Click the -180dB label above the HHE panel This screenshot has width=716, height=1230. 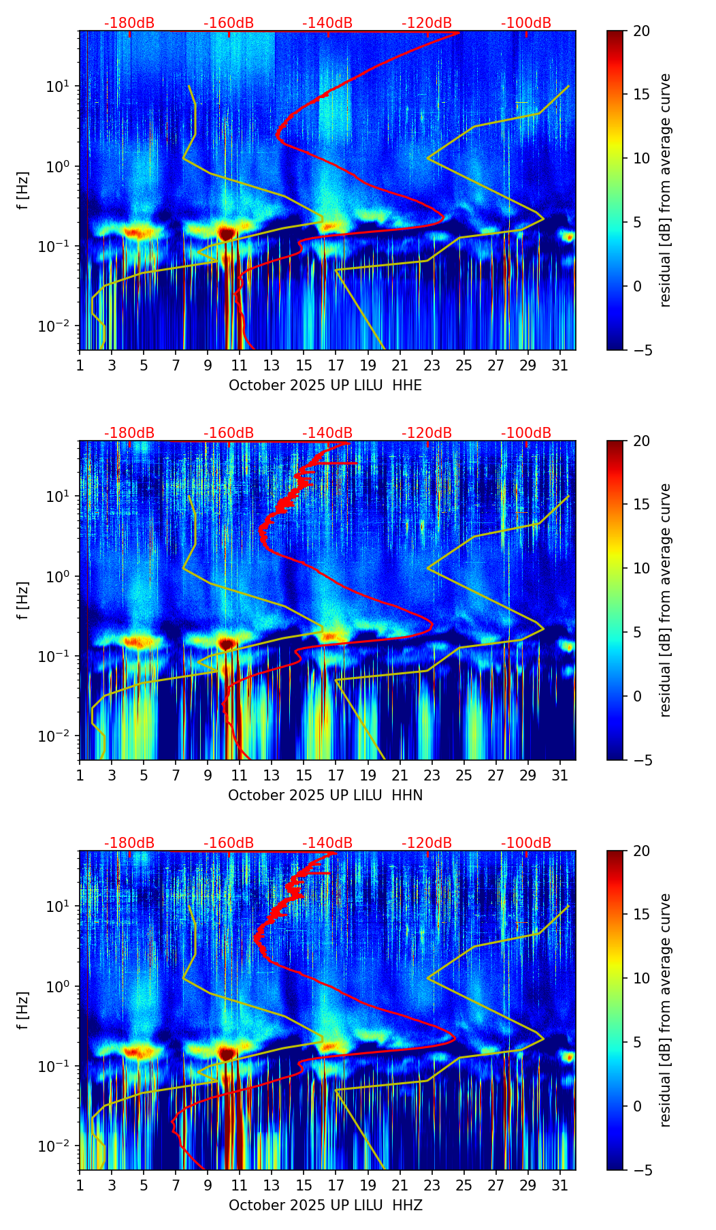(x=129, y=23)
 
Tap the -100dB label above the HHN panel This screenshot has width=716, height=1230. (x=526, y=433)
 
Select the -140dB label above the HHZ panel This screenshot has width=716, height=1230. (x=327, y=843)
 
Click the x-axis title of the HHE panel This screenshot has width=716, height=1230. (x=325, y=385)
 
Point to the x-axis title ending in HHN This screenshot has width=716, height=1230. (x=325, y=795)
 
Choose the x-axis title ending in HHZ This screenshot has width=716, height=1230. (x=325, y=1205)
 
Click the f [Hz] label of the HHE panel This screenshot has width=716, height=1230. (x=23, y=191)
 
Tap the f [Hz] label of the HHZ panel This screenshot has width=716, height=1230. (x=23, y=1011)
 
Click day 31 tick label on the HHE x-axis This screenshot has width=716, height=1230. (x=559, y=366)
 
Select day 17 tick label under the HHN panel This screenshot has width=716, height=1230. (x=336, y=776)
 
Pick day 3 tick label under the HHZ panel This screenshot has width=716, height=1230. (x=112, y=1186)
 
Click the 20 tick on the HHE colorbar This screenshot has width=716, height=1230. (x=642, y=31)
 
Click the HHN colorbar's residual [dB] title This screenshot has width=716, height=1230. (x=665, y=600)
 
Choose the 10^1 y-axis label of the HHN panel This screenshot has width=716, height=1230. (x=60, y=496)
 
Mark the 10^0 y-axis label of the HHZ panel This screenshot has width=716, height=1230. (x=60, y=986)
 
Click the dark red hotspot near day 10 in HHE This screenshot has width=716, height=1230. (x=227, y=233)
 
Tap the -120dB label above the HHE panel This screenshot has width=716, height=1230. (x=427, y=23)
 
